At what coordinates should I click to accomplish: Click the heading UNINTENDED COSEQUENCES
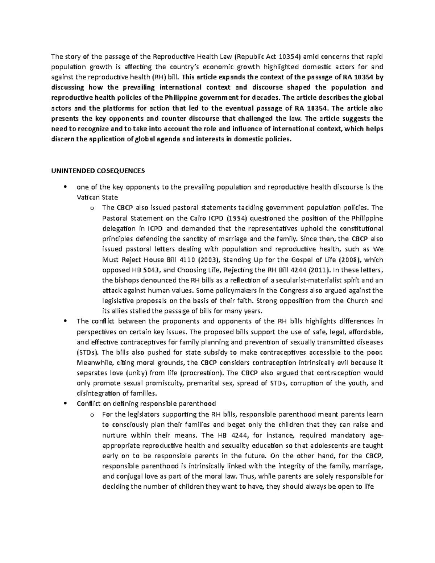[98, 170]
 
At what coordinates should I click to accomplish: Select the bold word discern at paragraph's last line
[63, 139]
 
